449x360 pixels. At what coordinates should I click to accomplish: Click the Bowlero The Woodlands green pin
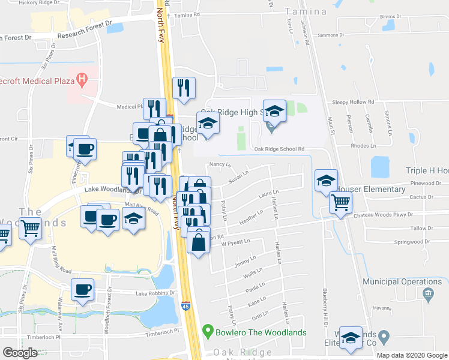point(208,330)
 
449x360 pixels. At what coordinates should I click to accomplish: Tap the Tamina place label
point(306,11)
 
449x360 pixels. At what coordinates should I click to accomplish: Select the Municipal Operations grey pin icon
point(427,294)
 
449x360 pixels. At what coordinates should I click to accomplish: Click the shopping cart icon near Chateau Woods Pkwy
point(340,203)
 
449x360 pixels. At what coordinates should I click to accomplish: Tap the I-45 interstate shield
point(186,307)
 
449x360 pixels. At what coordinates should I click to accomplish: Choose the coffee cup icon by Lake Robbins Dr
point(83,290)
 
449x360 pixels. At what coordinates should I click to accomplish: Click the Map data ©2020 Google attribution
point(411,355)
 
